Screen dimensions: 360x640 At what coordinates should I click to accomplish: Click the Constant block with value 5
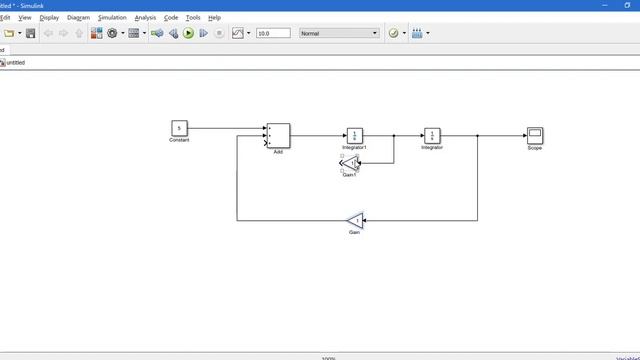[x=179, y=128]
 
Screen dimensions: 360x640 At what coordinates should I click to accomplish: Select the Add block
[x=278, y=136]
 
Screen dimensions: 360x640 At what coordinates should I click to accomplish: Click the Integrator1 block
[x=355, y=136]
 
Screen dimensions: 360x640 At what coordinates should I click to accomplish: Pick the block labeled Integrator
[x=432, y=136]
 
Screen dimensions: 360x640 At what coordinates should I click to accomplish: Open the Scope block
[x=535, y=136]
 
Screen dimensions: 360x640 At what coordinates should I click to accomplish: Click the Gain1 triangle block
[x=350, y=164]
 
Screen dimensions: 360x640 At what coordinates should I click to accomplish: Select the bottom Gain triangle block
[x=355, y=220]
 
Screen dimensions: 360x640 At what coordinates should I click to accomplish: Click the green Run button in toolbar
[x=188, y=33]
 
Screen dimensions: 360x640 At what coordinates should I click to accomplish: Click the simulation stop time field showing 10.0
[x=273, y=33]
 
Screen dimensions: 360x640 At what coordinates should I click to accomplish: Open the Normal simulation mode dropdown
[x=340, y=33]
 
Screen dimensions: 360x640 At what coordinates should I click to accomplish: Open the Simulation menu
[x=112, y=17]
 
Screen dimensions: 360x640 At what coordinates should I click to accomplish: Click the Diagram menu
[x=79, y=17]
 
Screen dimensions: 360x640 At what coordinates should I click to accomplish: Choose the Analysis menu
[x=145, y=17]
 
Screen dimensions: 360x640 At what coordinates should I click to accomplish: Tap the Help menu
[x=214, y=17]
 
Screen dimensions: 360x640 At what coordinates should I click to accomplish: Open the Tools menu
[x=193, y=17]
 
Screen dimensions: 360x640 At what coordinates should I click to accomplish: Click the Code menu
[x=171, y=17]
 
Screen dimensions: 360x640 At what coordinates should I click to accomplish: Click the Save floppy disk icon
[x=31, y=33]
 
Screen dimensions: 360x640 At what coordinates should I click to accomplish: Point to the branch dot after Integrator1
[x=394, y=136]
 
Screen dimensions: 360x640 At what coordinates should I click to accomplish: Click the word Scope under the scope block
[x=535, y=148]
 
